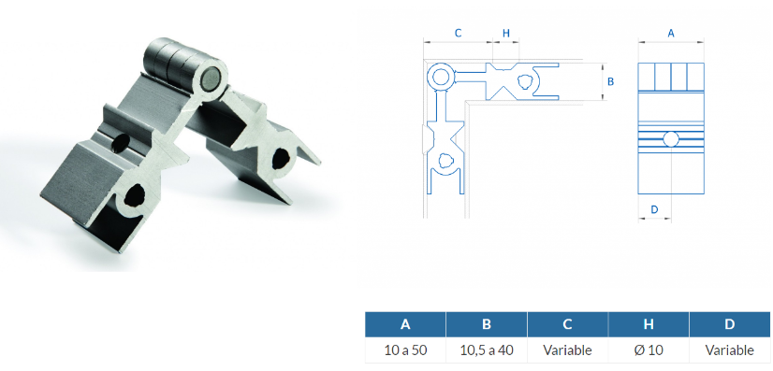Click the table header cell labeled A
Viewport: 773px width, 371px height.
click(x=405, y=324)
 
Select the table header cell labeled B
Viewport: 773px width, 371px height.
click(x=487, y=324)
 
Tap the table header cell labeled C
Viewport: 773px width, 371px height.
click(x=567, y=324)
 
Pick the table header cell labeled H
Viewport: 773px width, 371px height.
click(x=649, y=324)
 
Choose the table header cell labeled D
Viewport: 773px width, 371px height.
click(x=730, y=324)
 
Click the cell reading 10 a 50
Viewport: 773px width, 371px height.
click(x=405, y=350)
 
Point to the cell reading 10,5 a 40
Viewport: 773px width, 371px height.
click(x=487, y=350)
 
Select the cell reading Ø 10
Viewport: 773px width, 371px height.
click(x=649, y=350)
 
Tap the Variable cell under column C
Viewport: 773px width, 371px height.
click(x=567, y=350)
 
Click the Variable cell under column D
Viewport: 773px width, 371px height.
click(x=730, y=350)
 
